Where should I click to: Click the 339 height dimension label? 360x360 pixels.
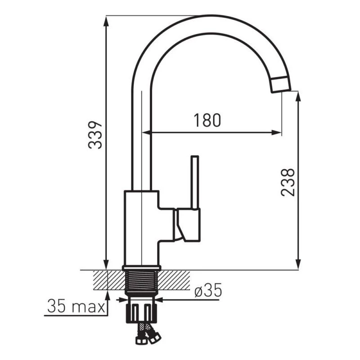[95, 135]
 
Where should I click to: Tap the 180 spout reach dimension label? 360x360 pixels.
[207, 120]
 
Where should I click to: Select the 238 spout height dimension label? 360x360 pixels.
[288, 182]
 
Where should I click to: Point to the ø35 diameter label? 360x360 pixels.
[208, 290]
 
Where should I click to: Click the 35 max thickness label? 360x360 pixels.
[76, 306]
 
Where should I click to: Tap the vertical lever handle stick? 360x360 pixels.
[195, 182]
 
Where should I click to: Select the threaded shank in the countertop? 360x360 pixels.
[142, 282]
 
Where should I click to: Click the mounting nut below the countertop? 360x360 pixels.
[141, 313]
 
